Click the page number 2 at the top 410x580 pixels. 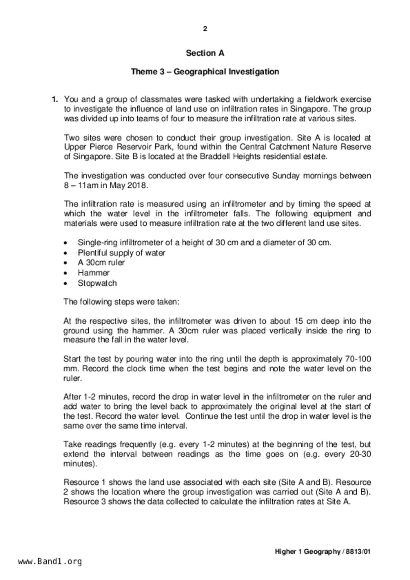pos(205,29)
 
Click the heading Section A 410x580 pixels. pos(205,53)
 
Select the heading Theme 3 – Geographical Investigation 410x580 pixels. pos(205,72)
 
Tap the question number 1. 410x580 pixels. pos(55,99)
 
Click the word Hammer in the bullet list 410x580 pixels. pos(94,273)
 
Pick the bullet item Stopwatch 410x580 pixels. pos(97,283)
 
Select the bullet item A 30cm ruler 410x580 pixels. pos(101,263)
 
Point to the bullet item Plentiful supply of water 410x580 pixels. pos(121,253)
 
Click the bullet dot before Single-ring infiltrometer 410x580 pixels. pos(66,243)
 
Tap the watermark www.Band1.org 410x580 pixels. pos(50,561)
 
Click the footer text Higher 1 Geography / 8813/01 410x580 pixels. pos(323,552)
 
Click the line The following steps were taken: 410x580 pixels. pos(121,302)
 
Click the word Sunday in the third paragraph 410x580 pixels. pos(286,176)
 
